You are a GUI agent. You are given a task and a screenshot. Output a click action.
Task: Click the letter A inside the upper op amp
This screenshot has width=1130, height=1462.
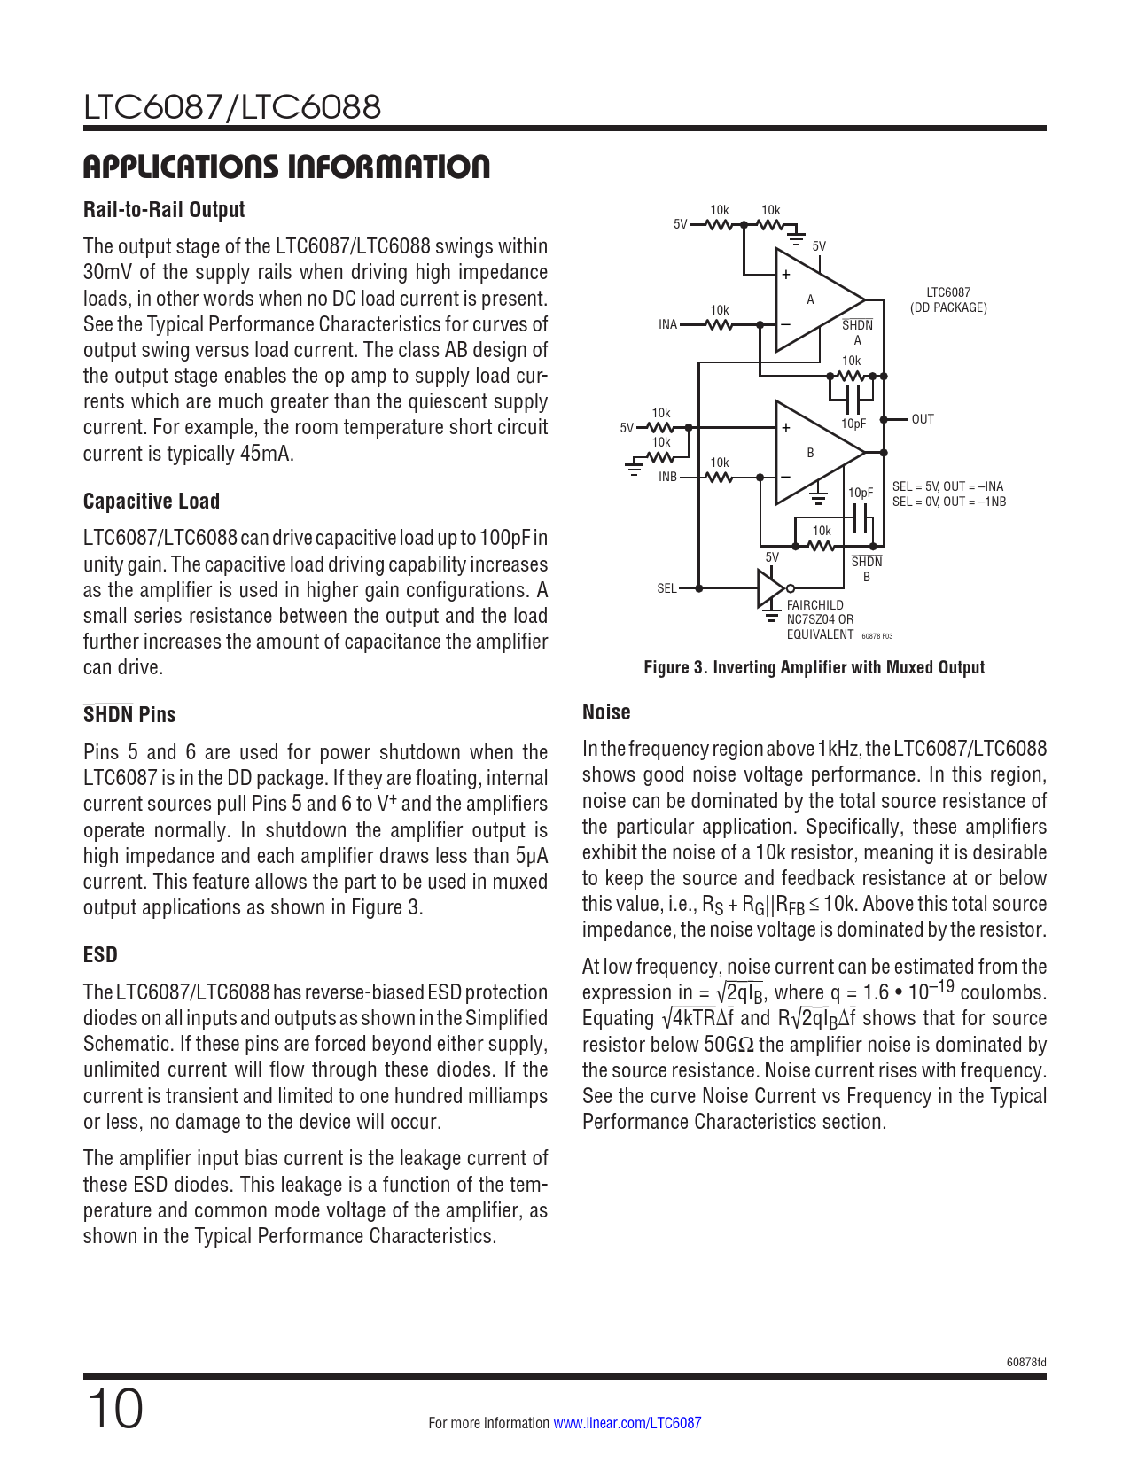pyautogui.click(x=810, y=299)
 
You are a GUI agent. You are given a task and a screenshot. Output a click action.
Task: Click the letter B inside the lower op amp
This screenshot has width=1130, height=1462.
pyautogui.click(x=810, y=453)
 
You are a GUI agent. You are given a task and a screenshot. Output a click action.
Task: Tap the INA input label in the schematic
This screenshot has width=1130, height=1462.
pyautogui.click(x=667, y=324)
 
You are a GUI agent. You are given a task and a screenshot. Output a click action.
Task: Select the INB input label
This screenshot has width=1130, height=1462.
pyautogui.click(x=667, y=477)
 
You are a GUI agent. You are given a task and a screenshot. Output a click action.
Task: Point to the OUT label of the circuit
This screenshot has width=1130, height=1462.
pyautogui.click(x=923, y=419)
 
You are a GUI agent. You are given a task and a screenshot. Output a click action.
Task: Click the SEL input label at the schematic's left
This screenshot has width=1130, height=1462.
pyautogui.click(x=666, y=588)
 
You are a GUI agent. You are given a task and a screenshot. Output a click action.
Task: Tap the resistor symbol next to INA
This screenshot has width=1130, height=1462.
pyautogui.click(x=720, y=324)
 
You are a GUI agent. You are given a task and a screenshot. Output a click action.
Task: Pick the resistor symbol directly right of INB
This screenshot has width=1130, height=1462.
pyautogui.click(x=720, y=477)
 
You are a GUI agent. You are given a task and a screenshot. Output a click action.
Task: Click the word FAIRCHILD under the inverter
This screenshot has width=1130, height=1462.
pyautogui.click(x=815, y=605)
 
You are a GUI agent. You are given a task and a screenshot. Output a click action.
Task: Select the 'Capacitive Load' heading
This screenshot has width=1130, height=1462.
pyautogui.click(x=152, y=502)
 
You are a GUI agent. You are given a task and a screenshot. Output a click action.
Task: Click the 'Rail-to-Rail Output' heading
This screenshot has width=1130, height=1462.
pyautogui.click(x=164, y=210)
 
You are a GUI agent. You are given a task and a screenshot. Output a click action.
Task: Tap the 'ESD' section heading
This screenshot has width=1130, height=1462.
pyautogui.click(x=100, y=955)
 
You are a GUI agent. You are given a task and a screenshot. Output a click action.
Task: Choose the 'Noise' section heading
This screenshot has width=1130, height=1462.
pyautogui.click(x=606, y=712)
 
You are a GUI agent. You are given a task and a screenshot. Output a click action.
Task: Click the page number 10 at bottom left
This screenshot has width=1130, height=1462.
pyautogui.click(x=114, y=1410)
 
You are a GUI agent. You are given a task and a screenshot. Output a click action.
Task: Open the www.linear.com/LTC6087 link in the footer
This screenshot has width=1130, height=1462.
pyautogui.click(x=627, y=1423)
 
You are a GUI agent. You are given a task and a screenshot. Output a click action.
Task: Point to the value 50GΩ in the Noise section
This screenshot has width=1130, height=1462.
pyautogui.click(x=729, y=1045)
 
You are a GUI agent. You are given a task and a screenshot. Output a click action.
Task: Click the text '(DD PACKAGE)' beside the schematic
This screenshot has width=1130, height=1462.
pyautogui.click(x=948, y=307)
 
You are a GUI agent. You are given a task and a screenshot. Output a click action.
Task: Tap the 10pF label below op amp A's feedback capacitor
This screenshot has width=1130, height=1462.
pyautogui.click(x=853, y=424)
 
